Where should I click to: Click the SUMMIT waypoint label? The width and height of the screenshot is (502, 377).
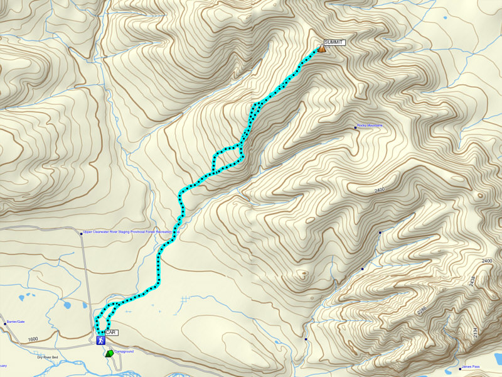334,42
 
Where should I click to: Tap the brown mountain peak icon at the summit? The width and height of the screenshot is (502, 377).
321,48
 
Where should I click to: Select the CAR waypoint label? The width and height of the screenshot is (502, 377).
110,332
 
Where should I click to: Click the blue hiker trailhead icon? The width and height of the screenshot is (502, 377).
100,341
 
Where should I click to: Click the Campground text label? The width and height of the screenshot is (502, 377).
124,352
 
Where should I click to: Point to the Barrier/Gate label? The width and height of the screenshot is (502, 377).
15,322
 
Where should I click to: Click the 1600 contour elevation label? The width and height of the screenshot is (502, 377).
33,339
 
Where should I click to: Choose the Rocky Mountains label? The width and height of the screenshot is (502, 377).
370,126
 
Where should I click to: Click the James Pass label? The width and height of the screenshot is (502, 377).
471,367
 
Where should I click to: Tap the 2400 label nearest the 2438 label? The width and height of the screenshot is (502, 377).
487,261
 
